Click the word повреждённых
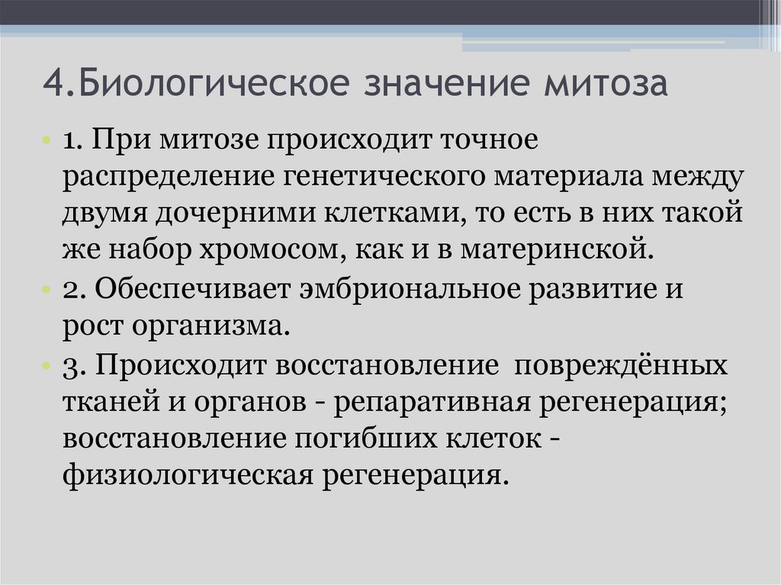(x=622, y=365)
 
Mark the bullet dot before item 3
(x=47, y=365)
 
